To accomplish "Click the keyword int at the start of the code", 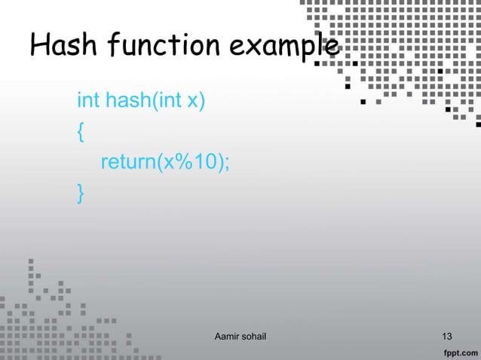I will click(88, 100).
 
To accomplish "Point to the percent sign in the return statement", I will click(183, 163).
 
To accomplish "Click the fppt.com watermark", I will click(458, 352).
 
